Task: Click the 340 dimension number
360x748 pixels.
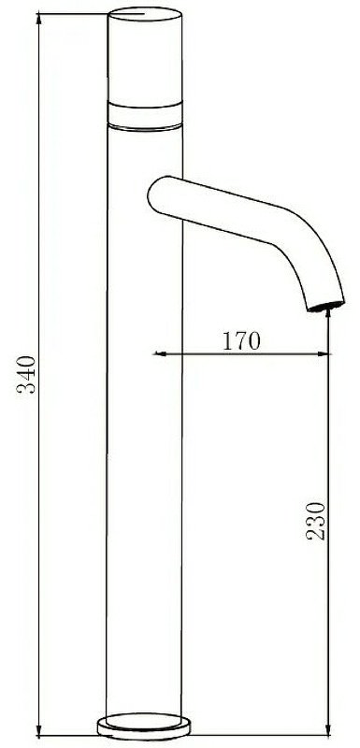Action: pyautogui.click(x=26, y=374)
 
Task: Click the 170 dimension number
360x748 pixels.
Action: pyautogui.click(x=241, y=340)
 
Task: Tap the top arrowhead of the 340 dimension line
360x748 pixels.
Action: pyautogui.click(x=38, y=19)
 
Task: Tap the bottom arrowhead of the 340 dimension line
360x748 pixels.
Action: pyautogui.click(x=38, y=730)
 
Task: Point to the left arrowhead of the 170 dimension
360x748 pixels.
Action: pyautogui.click(x=159, y=353)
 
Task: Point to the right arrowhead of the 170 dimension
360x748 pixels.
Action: pyautogui.click(x=324, y=353)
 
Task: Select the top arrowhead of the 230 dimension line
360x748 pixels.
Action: pyautogui.click(x=328, y=315)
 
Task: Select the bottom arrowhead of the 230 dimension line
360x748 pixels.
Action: pyautogui.click(x=328, y=730)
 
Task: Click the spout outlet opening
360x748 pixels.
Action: pyautogui.click(x=326, y=307)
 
